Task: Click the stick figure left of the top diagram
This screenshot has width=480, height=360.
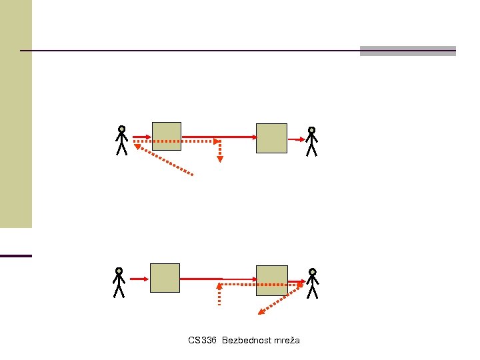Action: point(121,141)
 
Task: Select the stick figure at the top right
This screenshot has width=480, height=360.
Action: point(311,141)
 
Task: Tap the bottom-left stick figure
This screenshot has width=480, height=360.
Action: point(119,283)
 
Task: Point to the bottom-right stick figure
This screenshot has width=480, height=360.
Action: point(312,283)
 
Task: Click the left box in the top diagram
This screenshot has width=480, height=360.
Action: point(167,136)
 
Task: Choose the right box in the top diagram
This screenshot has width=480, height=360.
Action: point(271,138)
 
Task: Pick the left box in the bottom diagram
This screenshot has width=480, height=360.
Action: point(165,278)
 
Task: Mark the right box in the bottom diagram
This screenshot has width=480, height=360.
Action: point(272,280)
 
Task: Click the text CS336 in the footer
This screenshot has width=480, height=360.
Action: point(203,341)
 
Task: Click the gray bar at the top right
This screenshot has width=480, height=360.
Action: point(407,51)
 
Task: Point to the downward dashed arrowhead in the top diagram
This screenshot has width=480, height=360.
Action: point(219,159)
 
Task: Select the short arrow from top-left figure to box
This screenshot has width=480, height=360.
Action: point(141,138)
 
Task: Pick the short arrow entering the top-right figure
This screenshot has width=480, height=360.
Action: point(296,139)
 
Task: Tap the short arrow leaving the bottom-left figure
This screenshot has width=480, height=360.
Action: point(139,278)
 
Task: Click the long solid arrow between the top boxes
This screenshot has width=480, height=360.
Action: point(219,137)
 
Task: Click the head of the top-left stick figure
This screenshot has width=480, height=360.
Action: point(121,129)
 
